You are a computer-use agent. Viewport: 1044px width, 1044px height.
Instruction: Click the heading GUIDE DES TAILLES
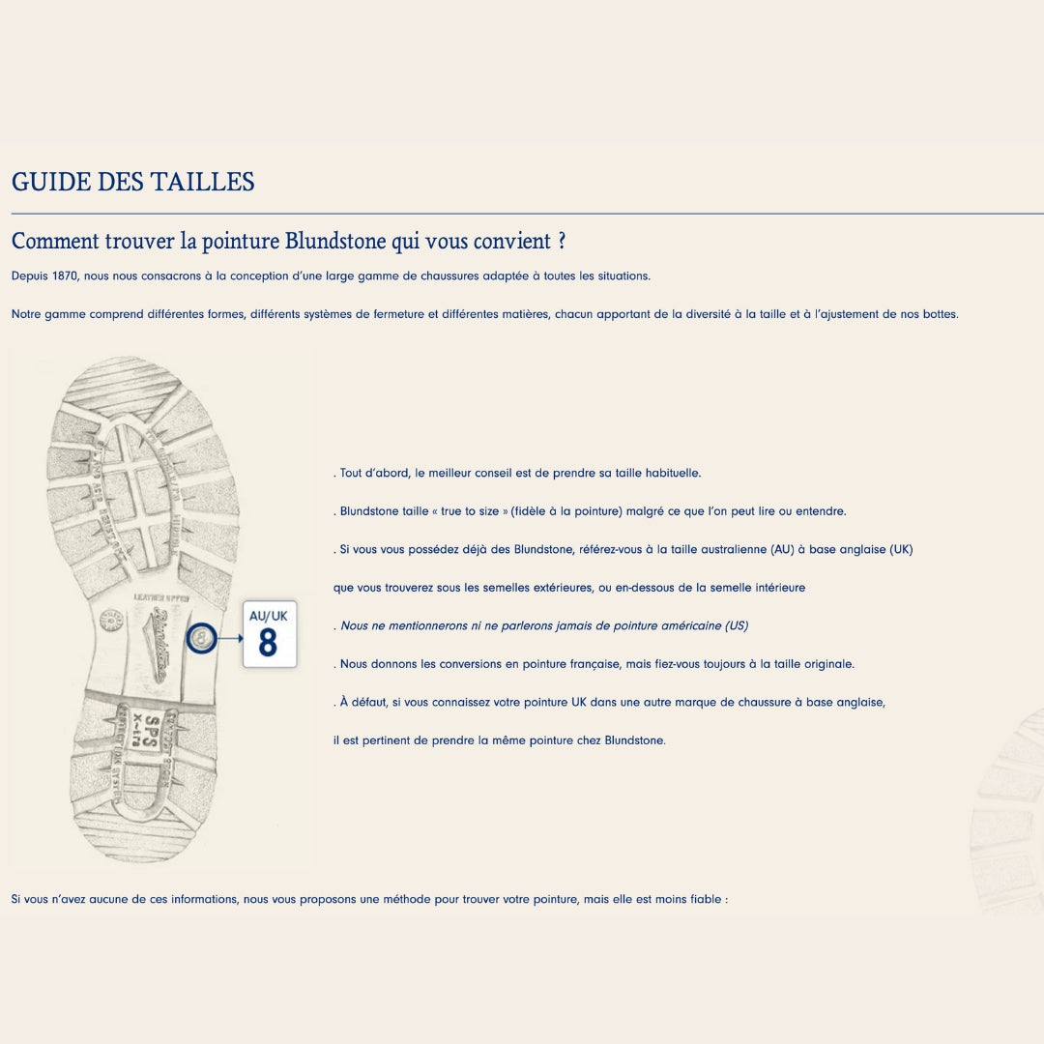tap(133, 182)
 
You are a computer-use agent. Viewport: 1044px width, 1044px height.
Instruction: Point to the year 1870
tap(65, 276)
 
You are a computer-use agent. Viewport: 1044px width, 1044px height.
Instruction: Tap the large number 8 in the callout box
tap(268, 643)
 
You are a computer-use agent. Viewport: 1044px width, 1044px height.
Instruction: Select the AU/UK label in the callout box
tap(269, 616)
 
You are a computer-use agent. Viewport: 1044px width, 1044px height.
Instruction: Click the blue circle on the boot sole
tap(201, 639)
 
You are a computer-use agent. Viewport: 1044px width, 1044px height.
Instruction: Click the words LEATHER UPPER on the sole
tap(161, 598)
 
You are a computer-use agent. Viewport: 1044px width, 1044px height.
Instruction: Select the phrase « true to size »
tap(470, 511)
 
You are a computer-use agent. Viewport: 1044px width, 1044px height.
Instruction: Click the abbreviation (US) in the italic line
tap(737, 625)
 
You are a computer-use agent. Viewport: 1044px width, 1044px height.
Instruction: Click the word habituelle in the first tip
tap(673, 474)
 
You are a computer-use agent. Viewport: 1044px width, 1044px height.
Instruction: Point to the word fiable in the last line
tap(706, 900)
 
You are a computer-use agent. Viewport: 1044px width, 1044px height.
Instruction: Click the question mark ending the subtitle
tap(562, 241)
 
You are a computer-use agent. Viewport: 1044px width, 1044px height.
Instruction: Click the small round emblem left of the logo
tap(111, 620)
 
